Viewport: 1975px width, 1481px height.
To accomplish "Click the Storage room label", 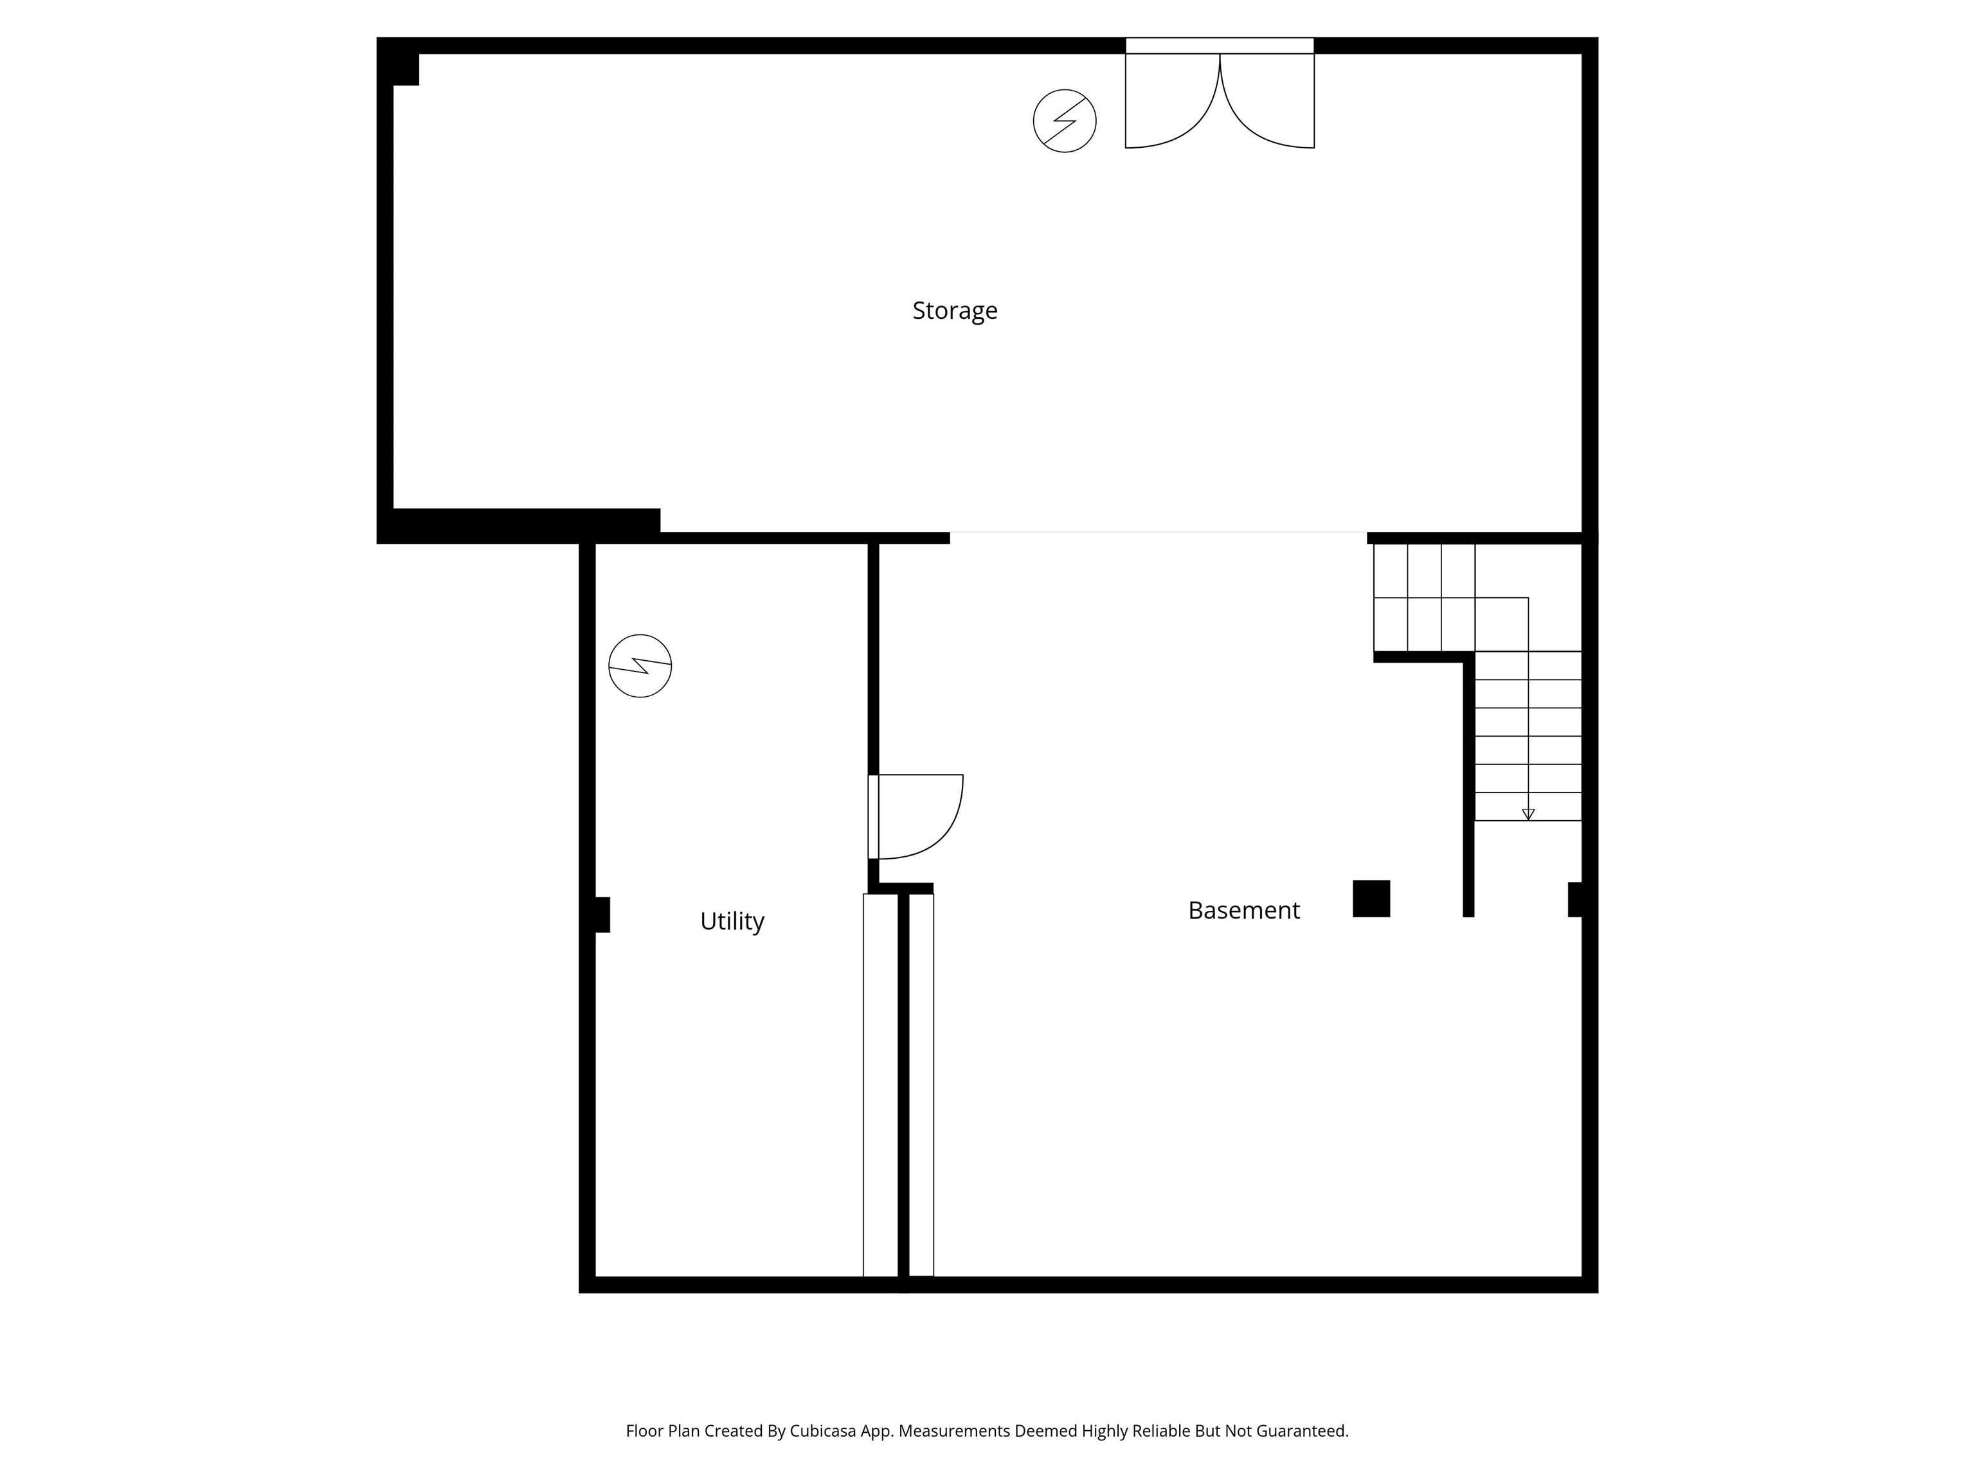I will pos(955,310).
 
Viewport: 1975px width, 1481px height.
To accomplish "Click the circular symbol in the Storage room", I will pos(1064,120).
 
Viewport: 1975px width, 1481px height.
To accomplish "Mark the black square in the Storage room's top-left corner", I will pos(404,69).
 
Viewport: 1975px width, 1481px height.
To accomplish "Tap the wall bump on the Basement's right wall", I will pos(1575,899).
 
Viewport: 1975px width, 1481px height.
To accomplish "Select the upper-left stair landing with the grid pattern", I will pos(1423,597).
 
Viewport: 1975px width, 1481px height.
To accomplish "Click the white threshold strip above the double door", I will pos(1219,46).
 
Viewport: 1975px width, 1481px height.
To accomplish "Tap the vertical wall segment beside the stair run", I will pos(1468,785).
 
